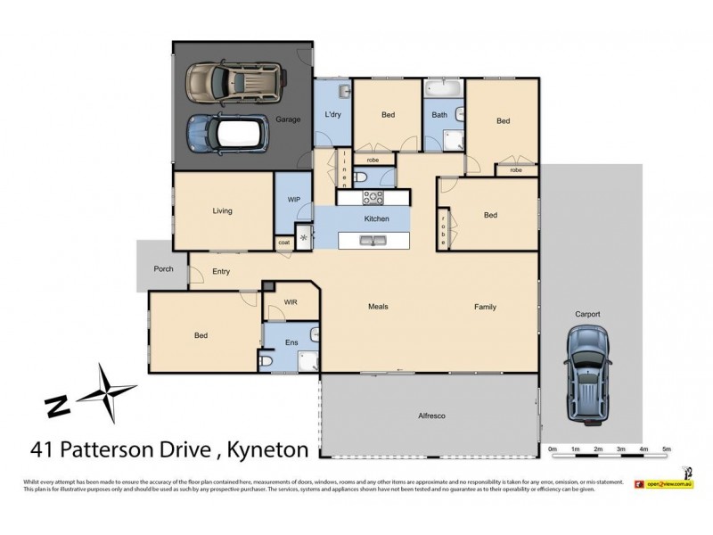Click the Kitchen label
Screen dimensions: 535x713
[x=376, y=218]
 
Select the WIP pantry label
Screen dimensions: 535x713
[x=293, y=200]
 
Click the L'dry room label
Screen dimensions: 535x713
[x=332, y=115]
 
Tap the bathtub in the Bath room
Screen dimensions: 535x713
[x=441, y=87]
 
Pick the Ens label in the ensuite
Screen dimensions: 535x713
[x=291, y=342]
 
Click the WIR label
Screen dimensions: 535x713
[x=291, y=302]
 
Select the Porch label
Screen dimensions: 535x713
[x=163, y=268]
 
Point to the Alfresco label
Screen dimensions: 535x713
[x=431, y=416]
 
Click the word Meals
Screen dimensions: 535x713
[x=379, y=307]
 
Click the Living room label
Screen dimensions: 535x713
[x=222, y=211]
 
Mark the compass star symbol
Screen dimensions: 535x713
[x=107, y=392]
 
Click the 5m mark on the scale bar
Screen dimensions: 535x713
[x=666, y=449]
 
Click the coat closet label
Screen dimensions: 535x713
[x=284, y=242]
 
